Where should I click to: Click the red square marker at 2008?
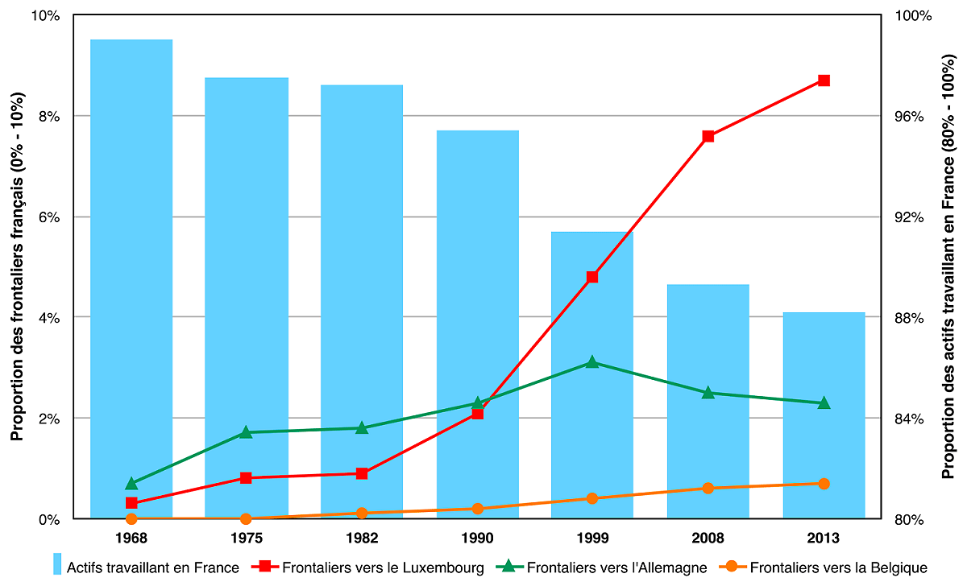point(708,136)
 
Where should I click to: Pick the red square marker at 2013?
point(824,80)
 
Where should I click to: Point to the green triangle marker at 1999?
point(592,362)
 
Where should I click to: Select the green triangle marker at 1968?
point(131,484)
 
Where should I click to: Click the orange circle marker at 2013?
point(824,484)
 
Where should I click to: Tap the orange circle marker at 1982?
point(362,513)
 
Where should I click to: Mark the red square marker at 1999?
point(592,277)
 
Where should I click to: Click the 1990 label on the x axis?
point(477,538)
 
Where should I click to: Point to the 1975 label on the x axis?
point(246,538)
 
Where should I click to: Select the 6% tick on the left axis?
point(50,217)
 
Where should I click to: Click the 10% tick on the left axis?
point(47,16)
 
